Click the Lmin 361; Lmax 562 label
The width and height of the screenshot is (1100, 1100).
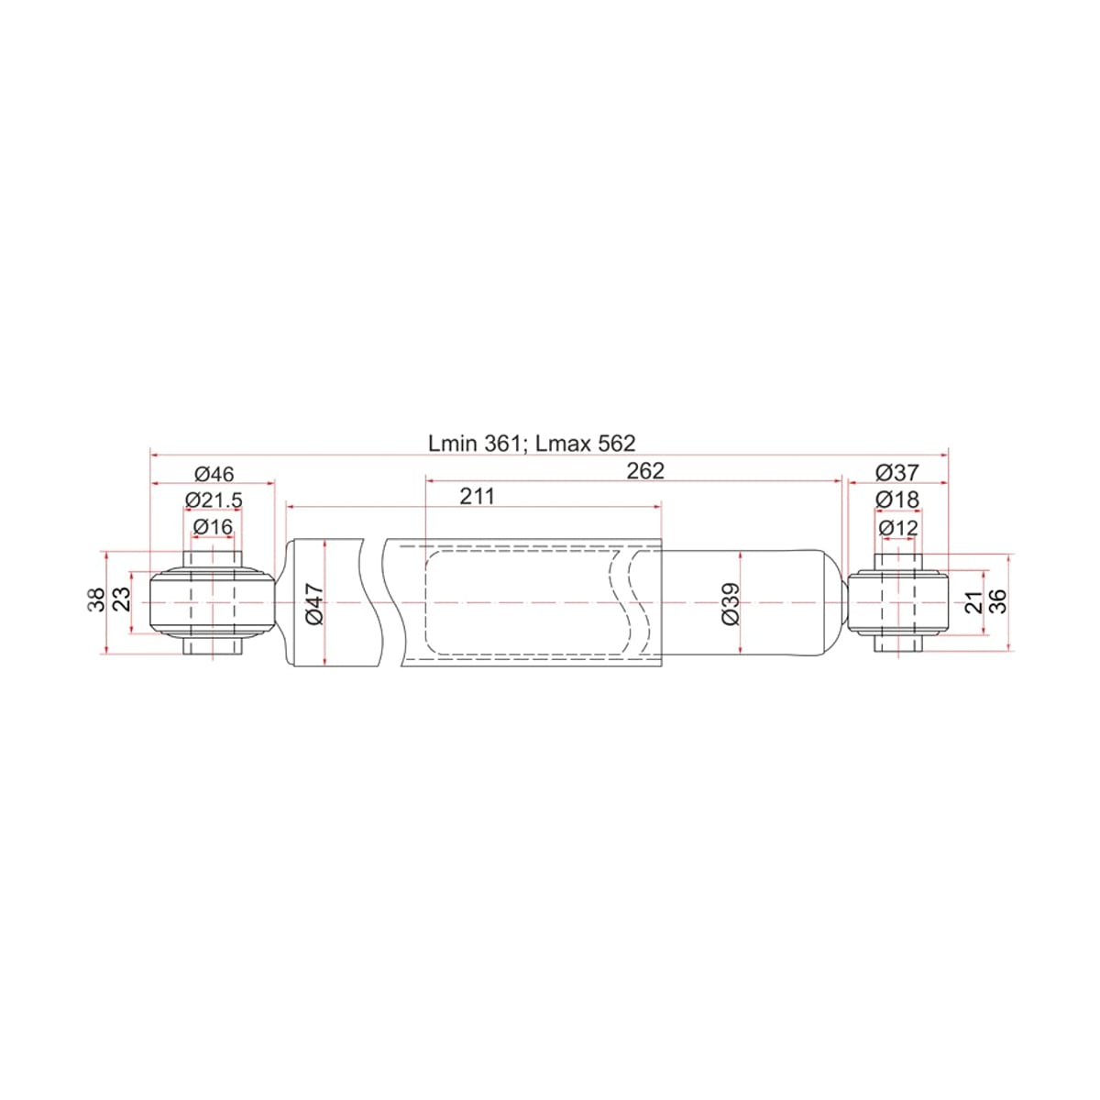pyautogui.click(x=532, y=444)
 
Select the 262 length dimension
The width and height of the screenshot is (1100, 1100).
pyautogui.click(x=645, y=471)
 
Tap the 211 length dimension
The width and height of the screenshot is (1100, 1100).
pyautogui.click(x=478, y=497)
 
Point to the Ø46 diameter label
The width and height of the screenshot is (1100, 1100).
pyautogui.click(x=214, y=474)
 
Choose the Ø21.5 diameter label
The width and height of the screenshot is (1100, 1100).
pyautogui.click(x=214, y=500)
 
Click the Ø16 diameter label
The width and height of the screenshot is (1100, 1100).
pyautogui.click(x=214, y=526)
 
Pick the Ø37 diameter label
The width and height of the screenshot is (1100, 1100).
pyautogui.click(x=897, y=473)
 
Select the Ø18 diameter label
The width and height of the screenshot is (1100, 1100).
pyautogui.click(x=897, y=500)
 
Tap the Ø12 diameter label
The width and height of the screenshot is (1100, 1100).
pyautogui.click(x=898, y=528)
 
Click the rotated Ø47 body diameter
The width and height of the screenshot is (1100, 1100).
pyautogui.click(x=314, y=603)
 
